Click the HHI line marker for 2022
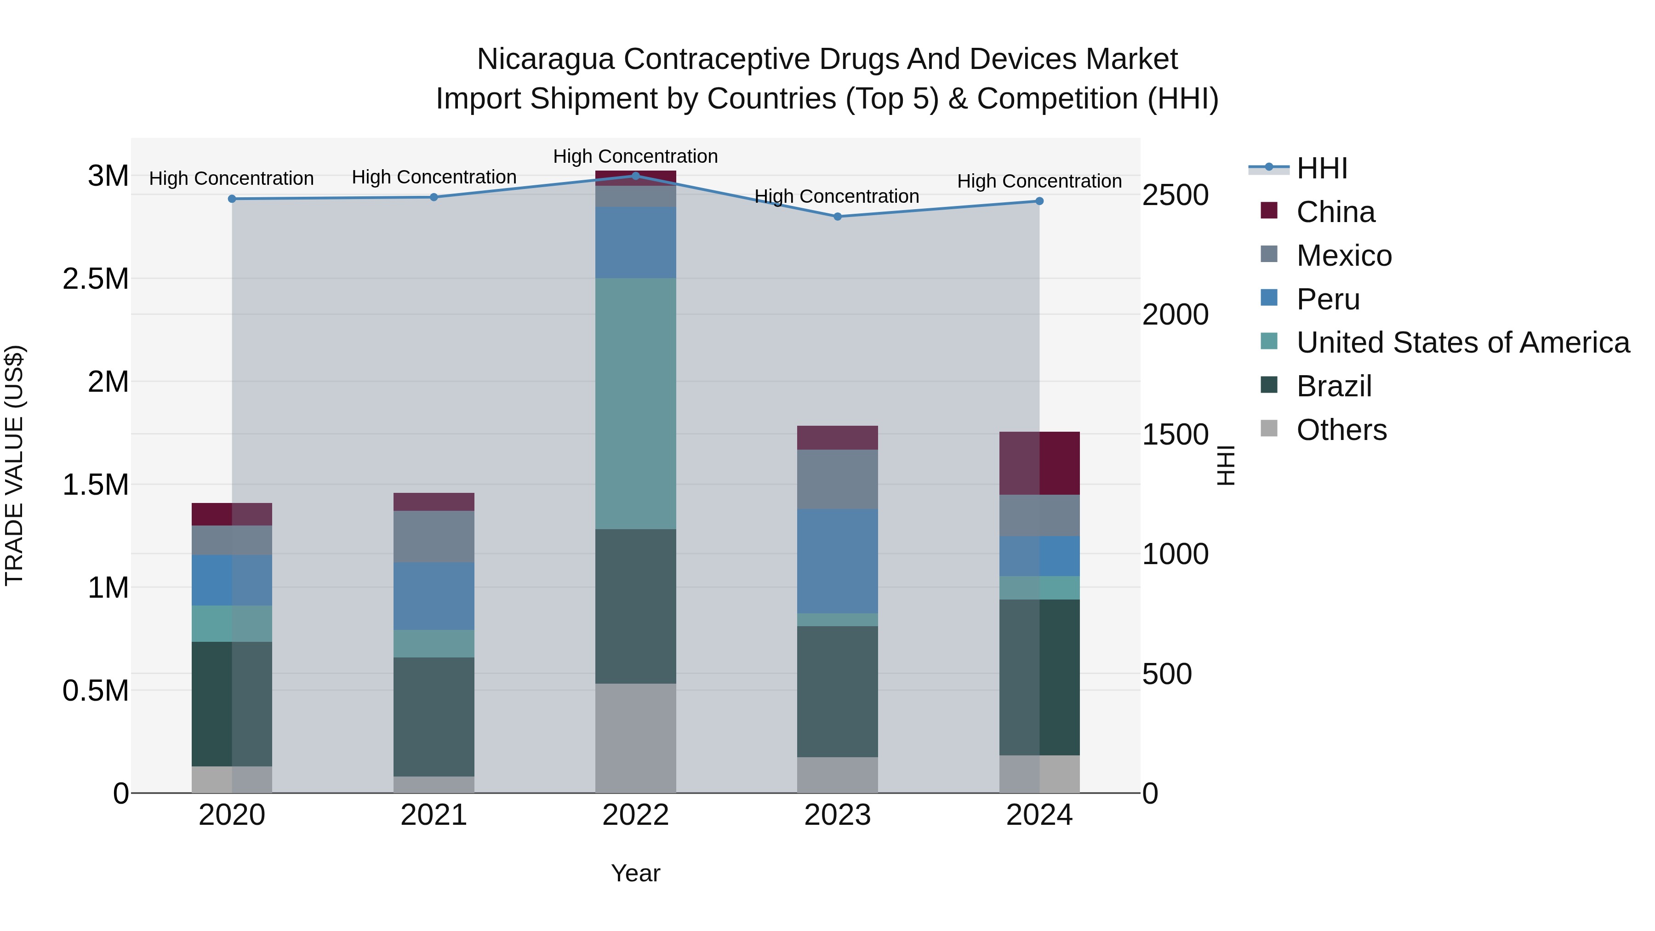pyautogui.click(x=635, y=176)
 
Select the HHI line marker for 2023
pyautogui.click(x=837, y=217)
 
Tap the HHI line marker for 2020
pyautogui.click(x=232, y=199)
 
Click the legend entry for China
pyautogui.click(x=1335, y=212)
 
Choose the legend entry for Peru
pyautogui.click(x=1327, y=299)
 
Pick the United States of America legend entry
pyautogui.click(x=1462, y=343)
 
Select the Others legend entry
pyautogui.click(x=1341, y=430)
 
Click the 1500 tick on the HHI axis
pyautogui.click(x=1175, y=434)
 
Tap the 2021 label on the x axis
pyautogui.click(x=434, y=815)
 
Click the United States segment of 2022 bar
pyautogui.click(x=635, y=404)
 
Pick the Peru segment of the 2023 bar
pyautogui.click(x=837, y=561)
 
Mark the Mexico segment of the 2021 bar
pyautogui.click(x=434, y=537)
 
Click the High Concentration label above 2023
pyautogui.click(x=837, y=196)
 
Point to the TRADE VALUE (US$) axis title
pyautogui.click(x=14, y=465)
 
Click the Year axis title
pyautogui.click(x=635, y=873)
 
